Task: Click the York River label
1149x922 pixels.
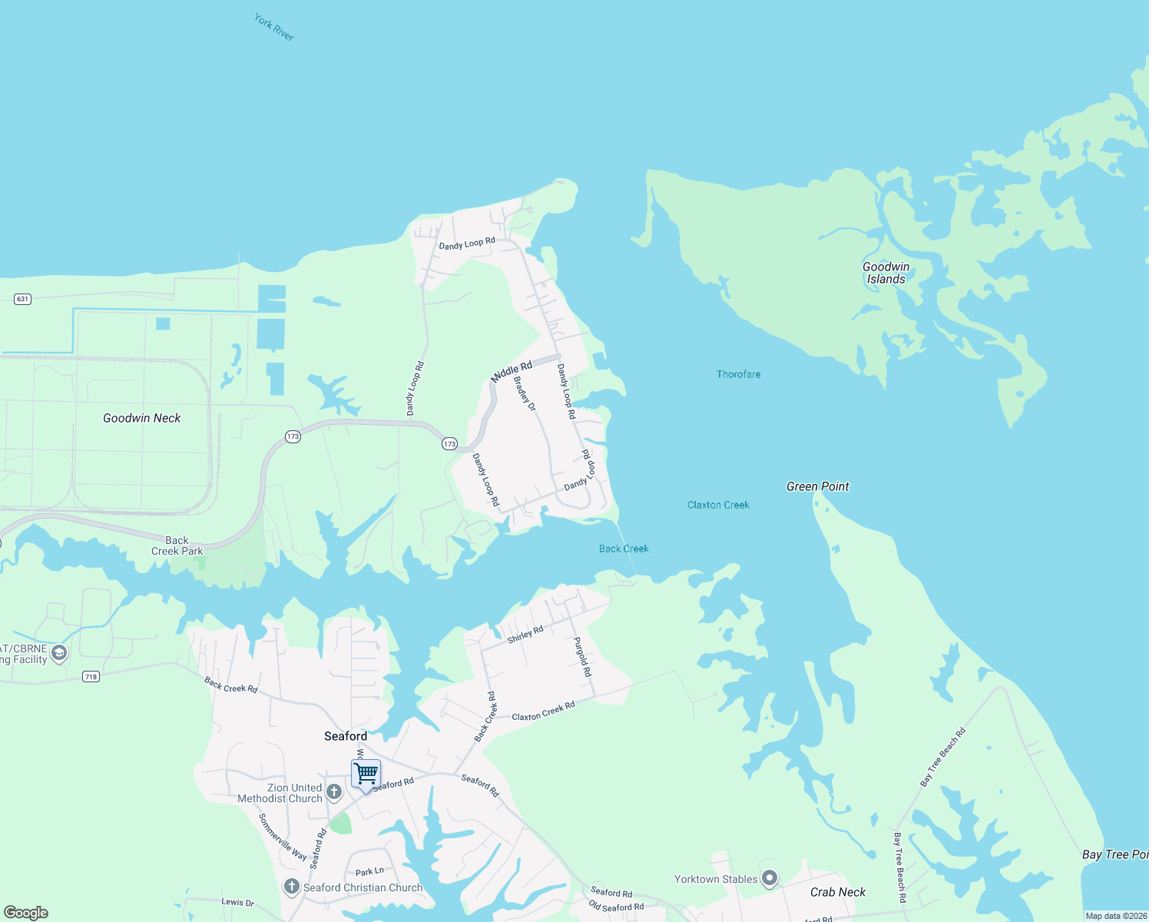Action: pyautogui.click(x=274, y=27)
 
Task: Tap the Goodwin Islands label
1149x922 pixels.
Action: pyautogui.click(x=886, y=273)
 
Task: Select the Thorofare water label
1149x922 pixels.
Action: pyautogui.click(x=738, y=374)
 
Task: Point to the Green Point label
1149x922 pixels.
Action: pyautogui.click(x=817, y=486)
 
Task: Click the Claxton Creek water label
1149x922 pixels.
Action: pyautogui.click(x=718, y=505)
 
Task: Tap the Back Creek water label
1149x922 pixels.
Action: pyautogui.click(x=624, y=549)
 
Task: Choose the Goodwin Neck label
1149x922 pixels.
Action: pyautogui.click(x=141, y=418)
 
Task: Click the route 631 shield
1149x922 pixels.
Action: pyautogui.click(x=22, y=299)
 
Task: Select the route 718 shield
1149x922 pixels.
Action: pyautogui.click(x=91, y=676)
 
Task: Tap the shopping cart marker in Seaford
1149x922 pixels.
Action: pyautogui.click(x=366, y=773)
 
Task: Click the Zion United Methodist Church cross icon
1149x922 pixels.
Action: pyautogui.click(x=334, y=791)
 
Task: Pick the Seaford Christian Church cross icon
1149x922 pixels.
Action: pyautogui.click(x=291, y=887)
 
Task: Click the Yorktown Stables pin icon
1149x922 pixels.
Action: pyautogui.click(x=770, y=879)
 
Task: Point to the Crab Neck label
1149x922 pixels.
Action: pyautogui.click(x=837, y=892)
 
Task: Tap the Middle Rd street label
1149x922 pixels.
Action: pyautogui.click(x=512, y=372)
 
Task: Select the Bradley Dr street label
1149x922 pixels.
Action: pyautogui.click(x=524, y=393)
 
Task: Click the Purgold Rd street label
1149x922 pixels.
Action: pyautogui.click(x=583, y=657)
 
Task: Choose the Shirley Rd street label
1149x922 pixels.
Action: pyautogui.click(x=525, y=635)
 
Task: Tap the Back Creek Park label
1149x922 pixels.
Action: pyautogui.click(x=177, y=546)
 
